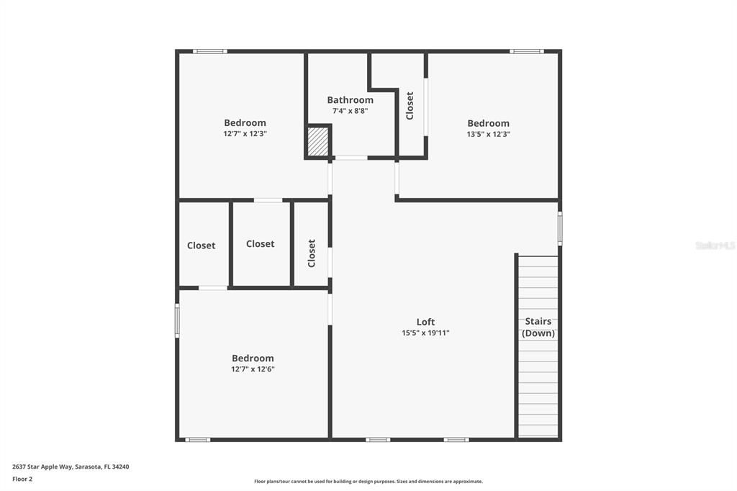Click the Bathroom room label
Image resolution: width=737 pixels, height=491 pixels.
350,100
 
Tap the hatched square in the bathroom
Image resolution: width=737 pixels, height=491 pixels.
317,141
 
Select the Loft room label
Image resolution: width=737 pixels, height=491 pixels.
425,322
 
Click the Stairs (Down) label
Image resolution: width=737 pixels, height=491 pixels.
538,327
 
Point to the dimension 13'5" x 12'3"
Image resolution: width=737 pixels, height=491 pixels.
488,134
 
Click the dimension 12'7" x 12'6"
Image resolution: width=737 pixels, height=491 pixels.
253,369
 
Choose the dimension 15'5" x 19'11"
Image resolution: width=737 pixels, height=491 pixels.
425,333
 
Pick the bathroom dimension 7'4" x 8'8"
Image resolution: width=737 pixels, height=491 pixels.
350,111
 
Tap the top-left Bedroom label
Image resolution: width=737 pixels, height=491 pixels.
245,122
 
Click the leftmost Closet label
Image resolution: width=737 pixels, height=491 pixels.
201,245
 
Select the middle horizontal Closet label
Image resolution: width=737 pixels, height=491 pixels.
260,244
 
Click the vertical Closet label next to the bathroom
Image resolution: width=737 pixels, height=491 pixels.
410,105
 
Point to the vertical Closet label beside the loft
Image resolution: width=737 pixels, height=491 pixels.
312,253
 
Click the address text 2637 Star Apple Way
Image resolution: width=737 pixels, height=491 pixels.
71,467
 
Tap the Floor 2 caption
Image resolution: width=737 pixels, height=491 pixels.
22,478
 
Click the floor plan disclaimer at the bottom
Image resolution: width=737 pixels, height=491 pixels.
368,481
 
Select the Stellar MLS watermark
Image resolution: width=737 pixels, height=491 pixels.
715,245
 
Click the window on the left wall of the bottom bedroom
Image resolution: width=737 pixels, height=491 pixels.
177,320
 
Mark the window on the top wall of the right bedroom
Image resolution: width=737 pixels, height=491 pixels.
526,51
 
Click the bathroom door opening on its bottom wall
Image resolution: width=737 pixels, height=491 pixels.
351,158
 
